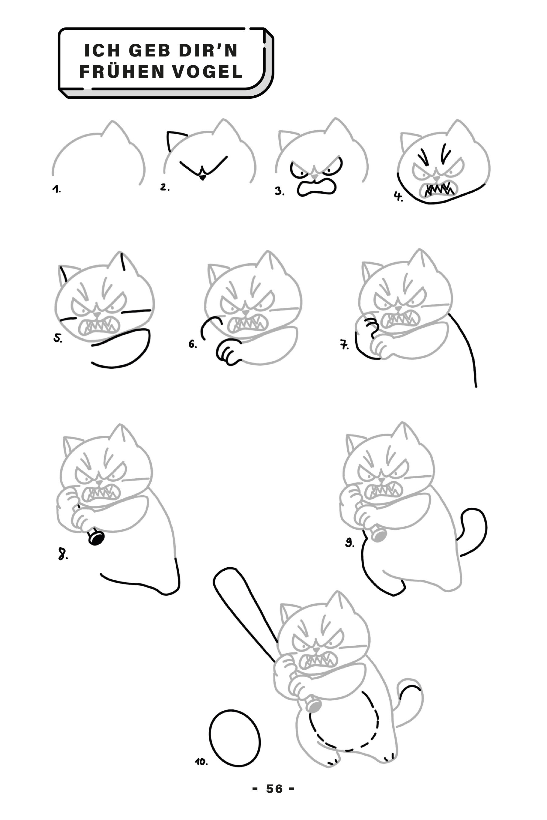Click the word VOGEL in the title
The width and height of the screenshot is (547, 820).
pyautogui.click(x=208, y=72)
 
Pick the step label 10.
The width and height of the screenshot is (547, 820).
pyautogui.click(x=201, y=762)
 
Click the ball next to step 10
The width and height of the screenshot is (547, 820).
pyautogui.click(x=235, y=738)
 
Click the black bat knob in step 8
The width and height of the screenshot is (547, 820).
pyautogui.click(x=96, y=538)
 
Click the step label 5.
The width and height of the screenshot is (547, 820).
pyautogui.click(x=57, y=338)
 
